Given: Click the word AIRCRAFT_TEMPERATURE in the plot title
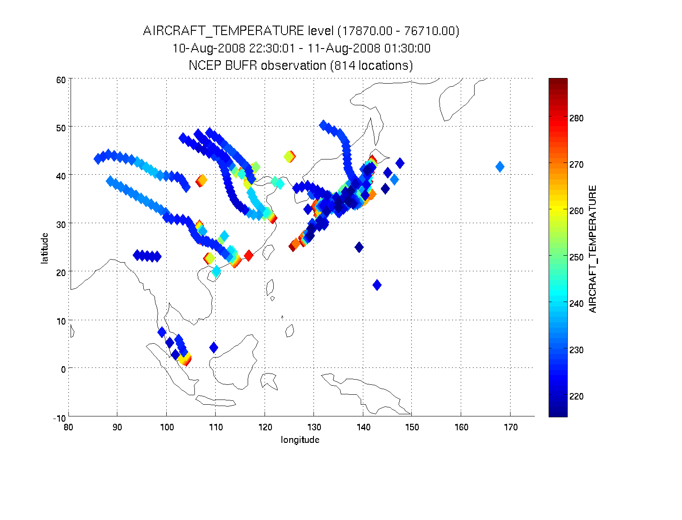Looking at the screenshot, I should tap(223, 31).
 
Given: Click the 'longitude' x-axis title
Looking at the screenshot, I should tap(300, 440).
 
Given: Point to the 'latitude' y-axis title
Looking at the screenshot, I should tap(45, 248).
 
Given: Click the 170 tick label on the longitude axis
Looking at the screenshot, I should tap(511, 427).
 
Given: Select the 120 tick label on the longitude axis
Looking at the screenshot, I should tap(265, 427).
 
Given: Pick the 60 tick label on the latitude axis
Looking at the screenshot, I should tap(61, 80).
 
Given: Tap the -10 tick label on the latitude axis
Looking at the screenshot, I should tap(59, 418).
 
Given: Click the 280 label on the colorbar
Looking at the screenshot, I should tap(576, 118).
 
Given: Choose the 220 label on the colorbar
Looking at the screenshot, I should tap(576, 396).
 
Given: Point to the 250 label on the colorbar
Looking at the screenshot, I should tap(576, 257).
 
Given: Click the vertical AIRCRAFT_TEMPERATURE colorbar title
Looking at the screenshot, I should tap(593, 249).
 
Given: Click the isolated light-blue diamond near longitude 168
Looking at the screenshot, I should tap(500, 166).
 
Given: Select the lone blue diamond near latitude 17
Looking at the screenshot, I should tap(377, 285).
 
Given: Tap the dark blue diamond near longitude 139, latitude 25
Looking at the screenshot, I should tap(359, 247).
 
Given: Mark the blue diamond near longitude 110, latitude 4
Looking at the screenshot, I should tap(213, 348).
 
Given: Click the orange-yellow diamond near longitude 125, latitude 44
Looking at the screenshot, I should tap(289, 156).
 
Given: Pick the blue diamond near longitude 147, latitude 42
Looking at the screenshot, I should tap(400, 163).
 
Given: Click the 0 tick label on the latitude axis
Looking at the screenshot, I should tap(63, 369).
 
